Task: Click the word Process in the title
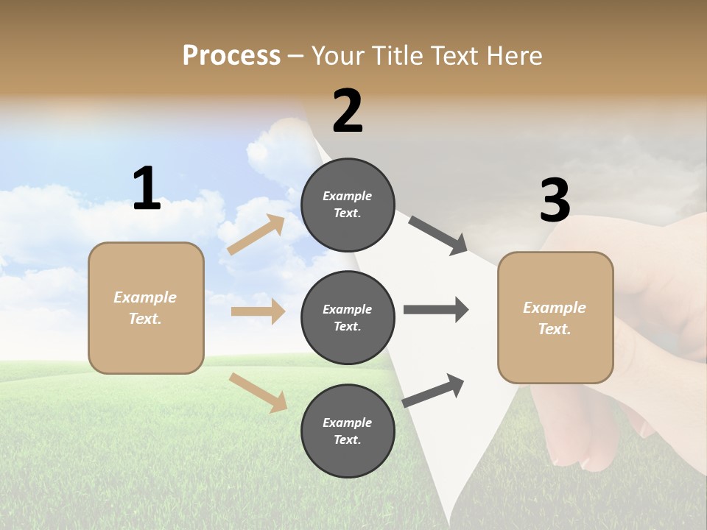231,55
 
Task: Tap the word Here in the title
511,55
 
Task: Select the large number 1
147,188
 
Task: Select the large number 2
348,111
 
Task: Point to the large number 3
555,200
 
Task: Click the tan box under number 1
146,308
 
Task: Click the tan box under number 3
555,318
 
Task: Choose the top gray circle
348,205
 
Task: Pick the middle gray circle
348,317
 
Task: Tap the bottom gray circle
348,431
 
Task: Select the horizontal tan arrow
258,311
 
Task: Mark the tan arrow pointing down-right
258,392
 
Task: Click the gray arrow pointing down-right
438,236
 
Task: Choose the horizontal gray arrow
436,310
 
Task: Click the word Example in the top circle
347,196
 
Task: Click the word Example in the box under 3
555,308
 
